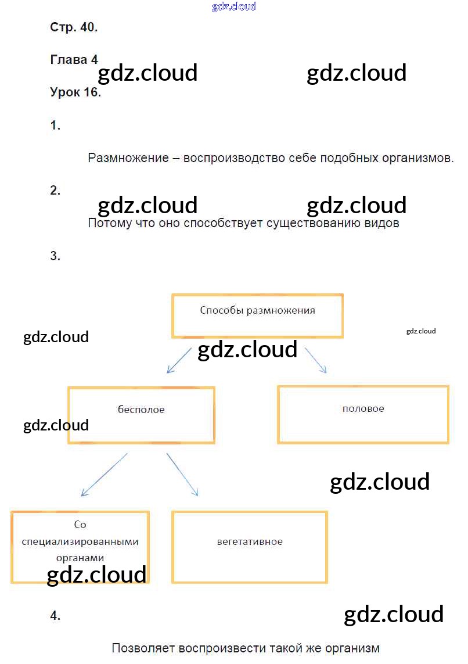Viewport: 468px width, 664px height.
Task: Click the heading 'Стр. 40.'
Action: [x=74, y=27]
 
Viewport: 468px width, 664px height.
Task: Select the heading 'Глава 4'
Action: [x=74, y=60]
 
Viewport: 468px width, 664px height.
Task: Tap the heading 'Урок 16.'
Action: [x=75, y=92]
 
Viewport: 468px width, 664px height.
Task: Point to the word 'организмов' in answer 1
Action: [x=422, y=158]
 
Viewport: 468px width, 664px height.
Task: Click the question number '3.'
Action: [x=55, y=256]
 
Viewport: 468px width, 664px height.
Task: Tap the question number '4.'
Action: [x=55, y=616]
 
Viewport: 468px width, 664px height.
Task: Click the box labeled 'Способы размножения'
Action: [x=257, y=315]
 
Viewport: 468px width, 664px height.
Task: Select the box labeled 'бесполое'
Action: [x=141, y=415]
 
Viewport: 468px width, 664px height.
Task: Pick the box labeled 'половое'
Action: [x=363, y=414]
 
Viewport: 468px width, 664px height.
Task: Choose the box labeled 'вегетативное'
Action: [x=250, y=547]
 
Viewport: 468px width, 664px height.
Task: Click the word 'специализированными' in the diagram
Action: [x=80, y=541]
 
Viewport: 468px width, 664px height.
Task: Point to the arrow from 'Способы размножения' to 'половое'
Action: [x=316, y=360]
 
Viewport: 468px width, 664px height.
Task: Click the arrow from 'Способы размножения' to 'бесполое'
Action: [x=179, y=360]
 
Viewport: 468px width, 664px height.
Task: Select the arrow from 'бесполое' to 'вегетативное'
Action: [x=182, y=474]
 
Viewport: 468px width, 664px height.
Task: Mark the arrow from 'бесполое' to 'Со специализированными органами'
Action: [x=105, y=474]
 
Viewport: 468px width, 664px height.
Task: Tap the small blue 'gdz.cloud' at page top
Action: [x=234, y=7]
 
